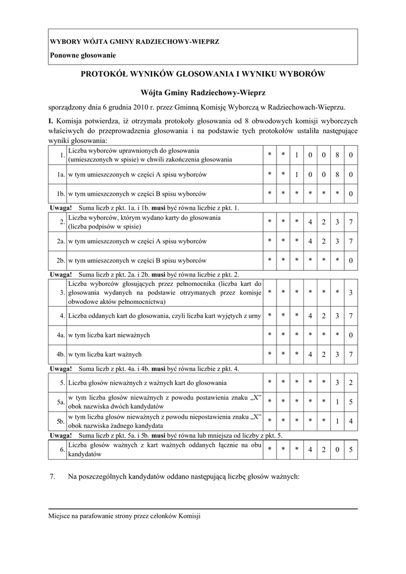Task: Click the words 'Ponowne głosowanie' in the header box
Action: pos(83,55)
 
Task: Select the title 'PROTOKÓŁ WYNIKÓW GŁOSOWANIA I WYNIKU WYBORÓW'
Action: pos(203,73)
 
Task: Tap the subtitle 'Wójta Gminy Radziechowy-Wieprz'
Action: pos(203,91)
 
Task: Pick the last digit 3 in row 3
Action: pos(350,293)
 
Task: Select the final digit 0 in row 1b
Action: pos(350,195)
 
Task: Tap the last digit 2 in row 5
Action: pos(350,383)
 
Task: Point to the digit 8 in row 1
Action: pos(337,155)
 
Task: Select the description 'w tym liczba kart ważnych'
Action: pos(105,354)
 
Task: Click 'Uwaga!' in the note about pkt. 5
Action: pos(61,435)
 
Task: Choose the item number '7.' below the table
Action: pos(53,477)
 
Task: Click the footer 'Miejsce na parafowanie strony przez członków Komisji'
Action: pos(124,516)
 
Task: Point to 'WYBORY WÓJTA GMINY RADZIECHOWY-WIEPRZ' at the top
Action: pos(135,41)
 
